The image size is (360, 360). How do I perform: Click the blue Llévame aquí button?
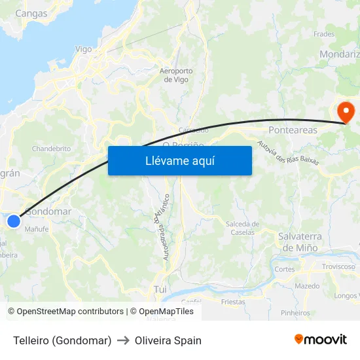pyautogui.click(x=179, y=160)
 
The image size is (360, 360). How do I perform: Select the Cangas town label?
pyautogui.click(x=31, y=12)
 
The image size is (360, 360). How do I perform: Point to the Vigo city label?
pyautogui.click(x=84, y=49)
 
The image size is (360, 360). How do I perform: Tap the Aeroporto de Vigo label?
pyautogui.click(x=176, y=75)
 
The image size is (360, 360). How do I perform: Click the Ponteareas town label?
pyautogui.click(x=293, y=130)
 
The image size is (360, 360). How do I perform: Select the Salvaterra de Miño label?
pyautogui.click(x=298, y=242)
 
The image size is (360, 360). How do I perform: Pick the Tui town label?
pyautogui.click(x=160, y=289)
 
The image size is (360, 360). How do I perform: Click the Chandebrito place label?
pyautogui.click(x=51, y=149)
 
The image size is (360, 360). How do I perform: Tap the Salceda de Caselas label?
pyautogui.click(x=242, y=228)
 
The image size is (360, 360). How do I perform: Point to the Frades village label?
pyautogui.click(x=324, y=34)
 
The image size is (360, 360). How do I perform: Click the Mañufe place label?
pyautogui.click(x=37, y=229)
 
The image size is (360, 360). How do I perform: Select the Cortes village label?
pyautogui.click(x=285, y=269)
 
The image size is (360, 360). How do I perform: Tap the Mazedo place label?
pyautogui.click(x=307, y=286)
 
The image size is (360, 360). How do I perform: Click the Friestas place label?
pyautogui.click(x=233, y=302)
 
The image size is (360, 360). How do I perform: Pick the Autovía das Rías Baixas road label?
pyautogui.click(x=288, y=153)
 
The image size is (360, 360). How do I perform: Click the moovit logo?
pyautogui.click(x=320, y=339)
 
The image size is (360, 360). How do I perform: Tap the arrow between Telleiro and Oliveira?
pyautogui.click(x=123, y=340)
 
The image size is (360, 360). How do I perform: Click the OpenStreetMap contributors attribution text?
pyautogui.click(x=65, y=312)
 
